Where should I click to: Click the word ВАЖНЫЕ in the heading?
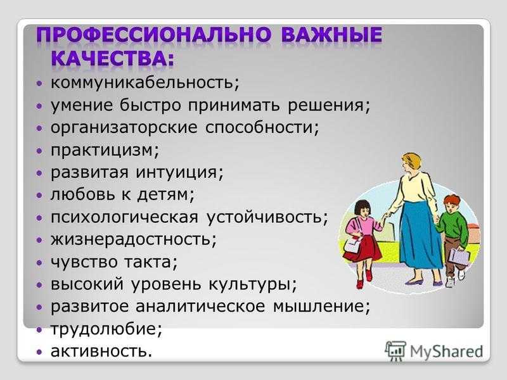point(331,35)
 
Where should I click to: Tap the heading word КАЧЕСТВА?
point(112,58)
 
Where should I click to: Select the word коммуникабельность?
point(142,82)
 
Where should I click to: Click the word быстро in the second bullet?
point(150,104)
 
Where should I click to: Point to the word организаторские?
point(124,128)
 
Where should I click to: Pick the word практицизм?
point(102,150)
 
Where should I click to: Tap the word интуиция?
point(177,172)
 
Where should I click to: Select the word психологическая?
point(124,217)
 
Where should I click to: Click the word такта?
point(148,262)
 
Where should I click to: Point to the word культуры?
point(249,284)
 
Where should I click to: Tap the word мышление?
point(318,307)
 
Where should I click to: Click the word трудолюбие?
point(103,329)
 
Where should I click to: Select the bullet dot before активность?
point(39,351)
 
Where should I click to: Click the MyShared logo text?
point(446,351)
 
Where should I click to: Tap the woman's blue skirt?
point(420,235)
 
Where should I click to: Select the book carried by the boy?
point(459,257)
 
